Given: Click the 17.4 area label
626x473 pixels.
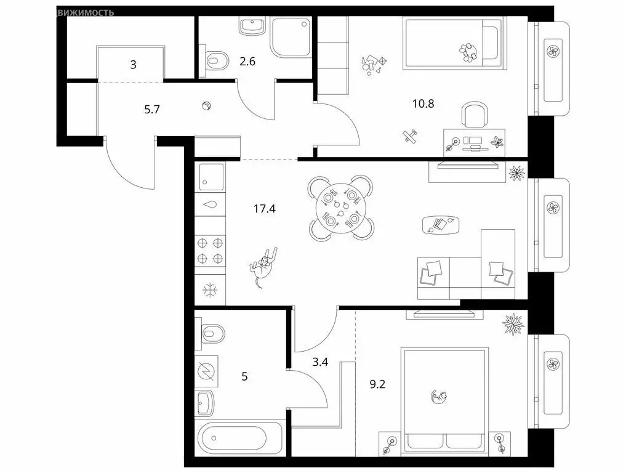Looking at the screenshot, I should (265, 209).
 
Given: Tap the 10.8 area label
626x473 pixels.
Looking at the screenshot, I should (423, 103).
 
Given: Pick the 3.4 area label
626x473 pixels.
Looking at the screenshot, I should (320, 362).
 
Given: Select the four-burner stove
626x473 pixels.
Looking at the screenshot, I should (209, 251).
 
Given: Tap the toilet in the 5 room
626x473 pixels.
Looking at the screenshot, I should (212, 335).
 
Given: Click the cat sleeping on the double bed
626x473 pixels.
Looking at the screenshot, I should (439, 397).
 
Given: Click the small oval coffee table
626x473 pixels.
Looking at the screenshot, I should (441, 224).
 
